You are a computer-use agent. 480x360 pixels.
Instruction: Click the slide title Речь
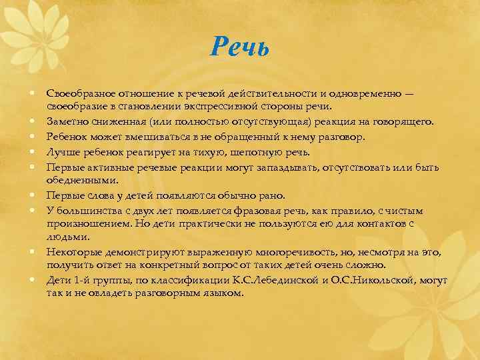coord(239,47)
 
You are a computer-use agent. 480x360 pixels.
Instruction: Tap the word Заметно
coord(65,121)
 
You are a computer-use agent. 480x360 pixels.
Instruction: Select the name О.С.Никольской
coord(369,281)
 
